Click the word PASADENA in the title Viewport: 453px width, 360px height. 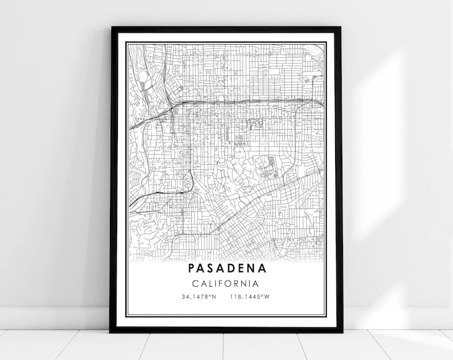(x=226, y=269)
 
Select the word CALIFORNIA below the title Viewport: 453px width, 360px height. (x=226, y=283)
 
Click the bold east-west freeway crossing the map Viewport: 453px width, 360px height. (x=253, y=101)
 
